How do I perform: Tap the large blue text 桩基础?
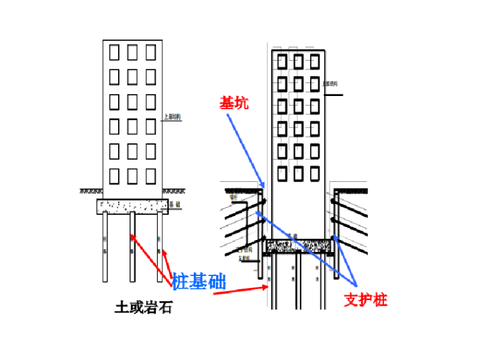pyautogui.click(x=198, y=281)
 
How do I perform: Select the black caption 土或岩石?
pyautogui.click(x=143, y=308)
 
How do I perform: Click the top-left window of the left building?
pyautogui.click(x=114, y=52)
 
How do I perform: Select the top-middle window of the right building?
pyautogui.click(x=297, y=61)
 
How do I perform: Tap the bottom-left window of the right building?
pyautogui.click(x=281, y=173)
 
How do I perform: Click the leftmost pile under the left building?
pyautogui.click(x=105, y=248)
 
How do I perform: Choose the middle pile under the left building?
pyautogui.click(x=133, y=248)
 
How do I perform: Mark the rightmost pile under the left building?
pyautogui.click(x=159, y=248)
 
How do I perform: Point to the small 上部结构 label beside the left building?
pyautogui.click(x=172, y=117)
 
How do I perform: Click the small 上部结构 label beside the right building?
pyautogui.click(x=330, y=83)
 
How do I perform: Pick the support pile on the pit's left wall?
pyautogui.click(x=261, y=234)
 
